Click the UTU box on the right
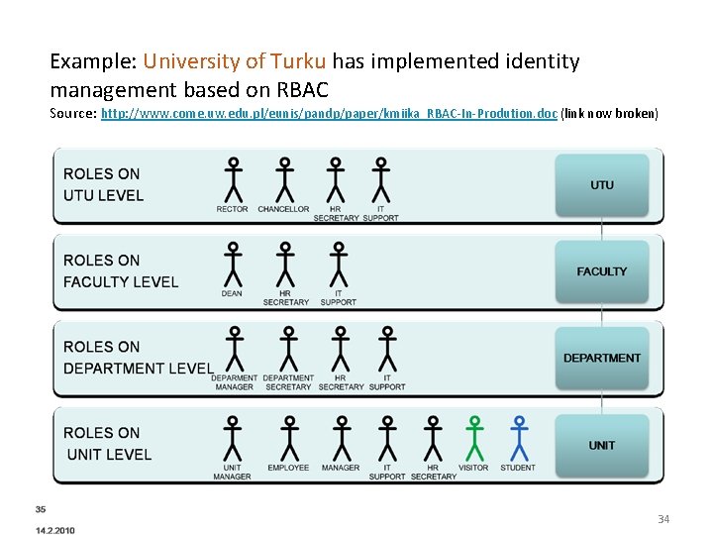click(602, 185)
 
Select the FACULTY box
click(602, 271)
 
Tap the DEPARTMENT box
click(602, 358)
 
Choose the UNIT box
click(602, 445)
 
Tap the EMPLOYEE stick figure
click(288, 437)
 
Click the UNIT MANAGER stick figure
click(233, 437)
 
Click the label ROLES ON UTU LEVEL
click(103, 185)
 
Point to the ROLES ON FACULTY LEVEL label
click(121, 271)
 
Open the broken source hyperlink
click(329, 113)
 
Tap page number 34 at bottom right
click(663, 519)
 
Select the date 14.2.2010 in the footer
click(54, 530)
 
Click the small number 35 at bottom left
click(41, 509)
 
